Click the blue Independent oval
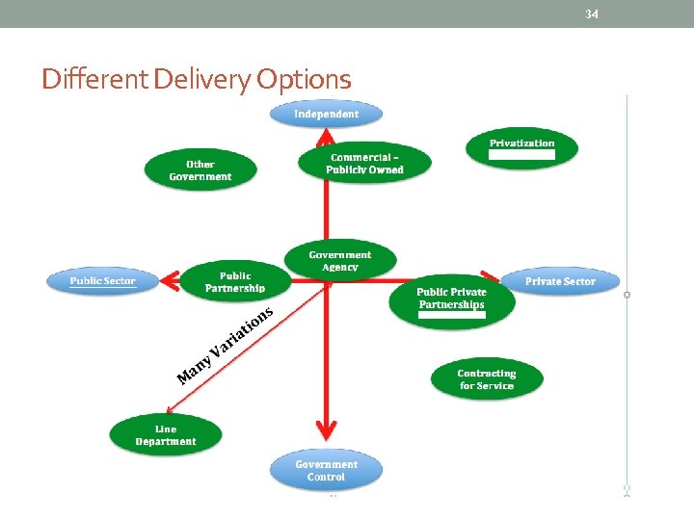326,114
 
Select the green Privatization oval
521,147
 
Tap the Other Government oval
200,170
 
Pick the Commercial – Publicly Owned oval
364,164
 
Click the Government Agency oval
339,260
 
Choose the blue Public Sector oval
103,281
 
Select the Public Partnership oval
234,281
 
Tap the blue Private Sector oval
560,281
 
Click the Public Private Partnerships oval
451,299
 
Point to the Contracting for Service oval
486,379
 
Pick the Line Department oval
166,435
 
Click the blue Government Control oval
326,470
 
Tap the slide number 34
592,13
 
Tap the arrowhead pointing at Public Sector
169,281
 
